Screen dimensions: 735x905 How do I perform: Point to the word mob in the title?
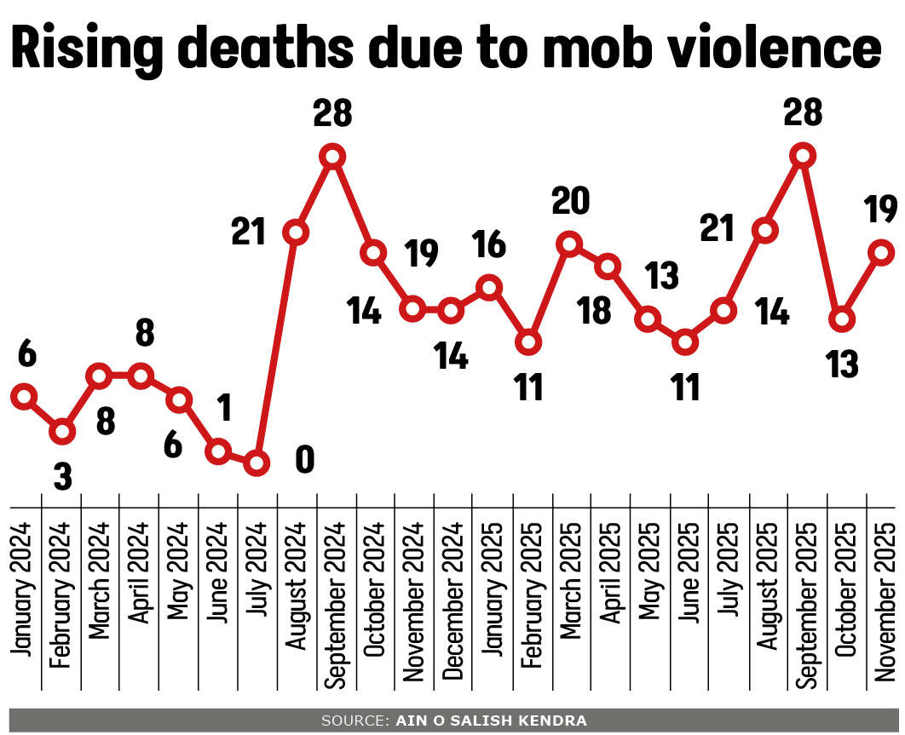point(591,49)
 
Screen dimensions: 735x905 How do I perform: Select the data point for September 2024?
point(333,156)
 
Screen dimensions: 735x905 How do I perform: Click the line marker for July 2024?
point(257,463)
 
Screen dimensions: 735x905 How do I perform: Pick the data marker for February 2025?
point(528,342)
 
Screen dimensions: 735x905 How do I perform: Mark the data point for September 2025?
point(802,156)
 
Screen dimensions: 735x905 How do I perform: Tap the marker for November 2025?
point(882,252)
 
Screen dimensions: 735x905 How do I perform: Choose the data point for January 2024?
point(24,396)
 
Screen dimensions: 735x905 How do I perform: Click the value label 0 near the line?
point(304,461)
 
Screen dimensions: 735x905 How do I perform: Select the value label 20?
point(570,203)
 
